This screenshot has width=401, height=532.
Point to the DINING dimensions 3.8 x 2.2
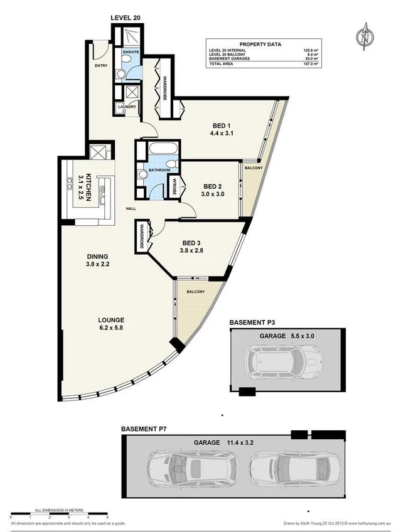coord(98,264)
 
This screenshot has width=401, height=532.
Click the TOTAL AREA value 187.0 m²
coord(311,64)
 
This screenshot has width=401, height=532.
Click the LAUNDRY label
coord(126,107)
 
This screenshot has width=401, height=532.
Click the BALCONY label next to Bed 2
coord(253,168)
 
